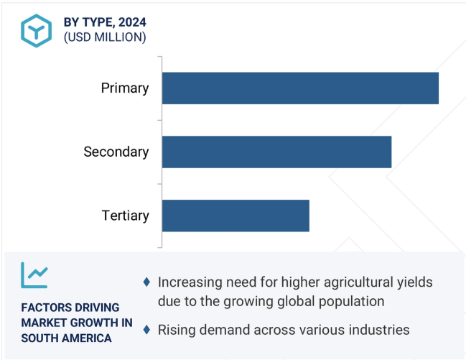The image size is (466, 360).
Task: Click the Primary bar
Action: pyautogui.click(x=300, y=88)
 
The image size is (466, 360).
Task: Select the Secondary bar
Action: pyautogui.click(x=276, y=152)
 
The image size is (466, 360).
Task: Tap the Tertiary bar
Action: pyautogui.click(x=236, y=216)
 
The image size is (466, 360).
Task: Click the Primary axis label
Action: pyautogui.click(x=125, y=88)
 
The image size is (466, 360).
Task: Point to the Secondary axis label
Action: pyautogui.click(x=116, y=152)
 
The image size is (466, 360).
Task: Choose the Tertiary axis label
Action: pyautogui.click(x=125, y=216)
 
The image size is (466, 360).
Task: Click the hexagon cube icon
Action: pyautogui.click(x=36, y=31)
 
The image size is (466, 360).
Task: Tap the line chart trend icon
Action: pyautogui.click(x=34, y=275)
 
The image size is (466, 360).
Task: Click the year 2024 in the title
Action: pyautogui.click(x=132, y=22)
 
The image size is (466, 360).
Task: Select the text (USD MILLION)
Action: pyautogui.click(x=105, y=37)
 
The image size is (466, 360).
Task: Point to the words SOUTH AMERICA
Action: pyautogui.click(x=66, y=338)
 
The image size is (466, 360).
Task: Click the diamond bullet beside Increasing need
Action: pyautogui.click(x=146, y=282)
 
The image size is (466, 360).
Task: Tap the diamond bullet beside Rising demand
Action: pyautogui.click(x=146, y=330)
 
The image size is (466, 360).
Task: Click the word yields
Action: pyautogui.click(x=415, y=282)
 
